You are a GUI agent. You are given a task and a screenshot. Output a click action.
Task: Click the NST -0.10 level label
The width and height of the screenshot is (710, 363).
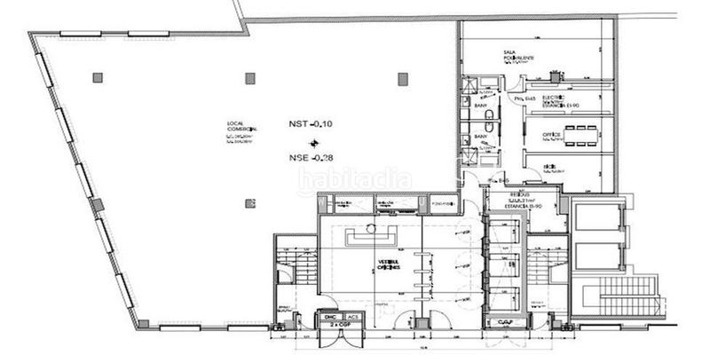click(x=312, y=124)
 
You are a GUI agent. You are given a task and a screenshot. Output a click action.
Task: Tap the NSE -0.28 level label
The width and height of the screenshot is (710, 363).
click(x=312, y=158)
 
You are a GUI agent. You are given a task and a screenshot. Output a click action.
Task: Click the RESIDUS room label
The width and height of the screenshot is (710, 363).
click(x=520, y=193)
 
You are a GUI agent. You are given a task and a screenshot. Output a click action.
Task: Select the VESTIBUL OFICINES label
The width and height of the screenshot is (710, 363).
click(x=383, y=265)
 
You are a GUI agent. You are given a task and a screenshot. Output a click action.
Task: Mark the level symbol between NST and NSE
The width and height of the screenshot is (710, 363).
click(x=312, y=142)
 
